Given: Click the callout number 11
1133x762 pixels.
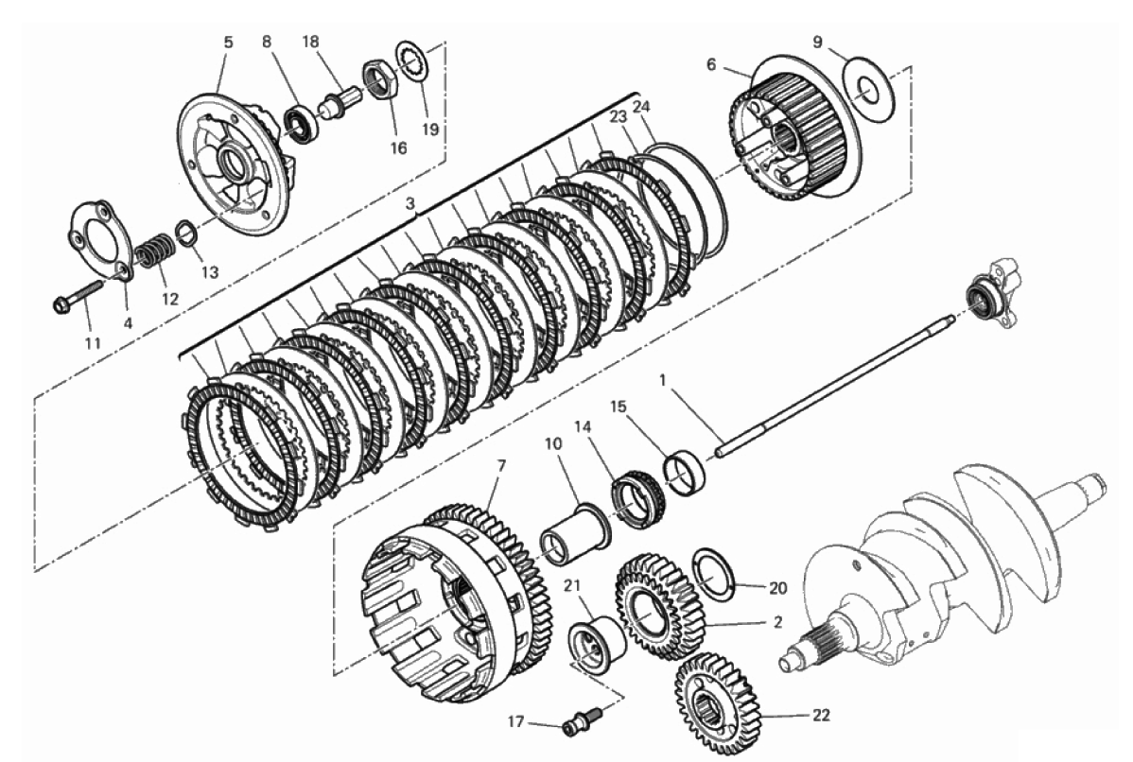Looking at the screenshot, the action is [x=92, y=342].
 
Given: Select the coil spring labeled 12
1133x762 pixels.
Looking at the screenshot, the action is [x=154, y=250].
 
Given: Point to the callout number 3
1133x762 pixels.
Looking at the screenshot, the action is [x=410, y=204].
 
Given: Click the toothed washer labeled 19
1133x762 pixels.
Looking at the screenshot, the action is [x=412, y=61].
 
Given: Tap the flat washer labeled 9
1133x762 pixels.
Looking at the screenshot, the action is [x=870, y=88].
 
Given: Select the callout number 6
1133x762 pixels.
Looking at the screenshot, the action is [x=711, y=65].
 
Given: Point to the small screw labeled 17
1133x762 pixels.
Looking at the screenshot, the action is [x=581, y=722].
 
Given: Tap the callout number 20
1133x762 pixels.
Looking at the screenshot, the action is [x=777, y=589].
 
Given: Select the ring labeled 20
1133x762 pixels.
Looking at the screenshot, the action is [x=713, y=574].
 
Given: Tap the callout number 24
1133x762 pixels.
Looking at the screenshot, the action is [x=641, y=106].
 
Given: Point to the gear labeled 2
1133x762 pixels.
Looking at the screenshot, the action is [x=659, y=604].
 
